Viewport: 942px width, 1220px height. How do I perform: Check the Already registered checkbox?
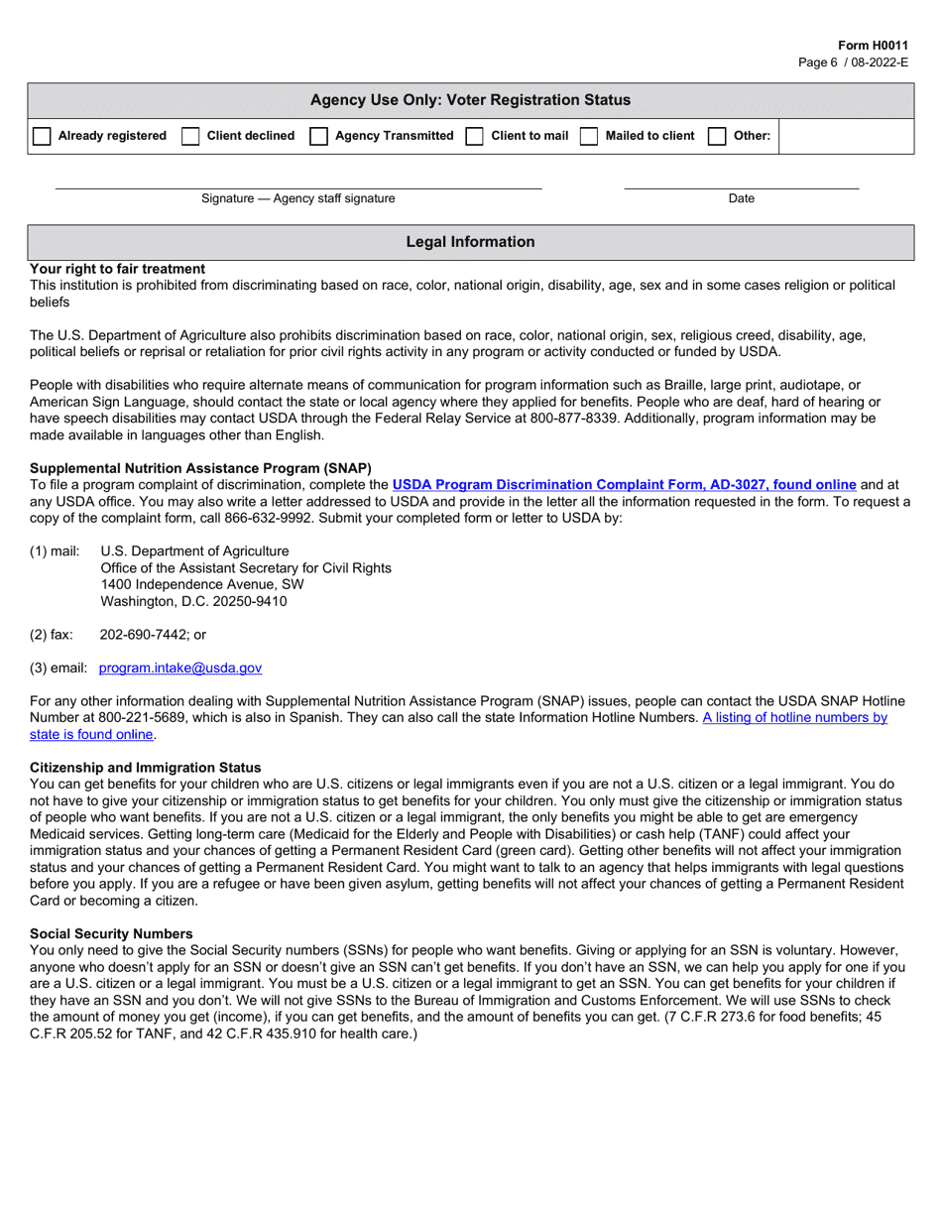[42, 137]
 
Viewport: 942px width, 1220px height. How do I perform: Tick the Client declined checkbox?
[190, 137]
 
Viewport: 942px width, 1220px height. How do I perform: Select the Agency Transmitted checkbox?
[319, 137]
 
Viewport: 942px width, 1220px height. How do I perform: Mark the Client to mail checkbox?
[475, 137]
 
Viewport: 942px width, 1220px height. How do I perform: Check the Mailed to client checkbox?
[589, 137]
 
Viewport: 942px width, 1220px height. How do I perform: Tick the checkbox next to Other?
[717, 137]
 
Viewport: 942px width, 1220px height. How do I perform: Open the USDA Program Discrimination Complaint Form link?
[624, 485]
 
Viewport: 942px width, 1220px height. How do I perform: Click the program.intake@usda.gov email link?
[180, 669]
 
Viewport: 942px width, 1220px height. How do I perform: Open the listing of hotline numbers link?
[794, 717]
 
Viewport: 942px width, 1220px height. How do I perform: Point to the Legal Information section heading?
[470, 242]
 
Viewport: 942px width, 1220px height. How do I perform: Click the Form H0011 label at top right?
[873, 46]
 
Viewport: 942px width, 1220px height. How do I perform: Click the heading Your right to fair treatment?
[118, 269]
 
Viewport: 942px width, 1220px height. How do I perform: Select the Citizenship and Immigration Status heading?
[146, 768]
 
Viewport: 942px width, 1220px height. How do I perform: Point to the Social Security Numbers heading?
[111, 933]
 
